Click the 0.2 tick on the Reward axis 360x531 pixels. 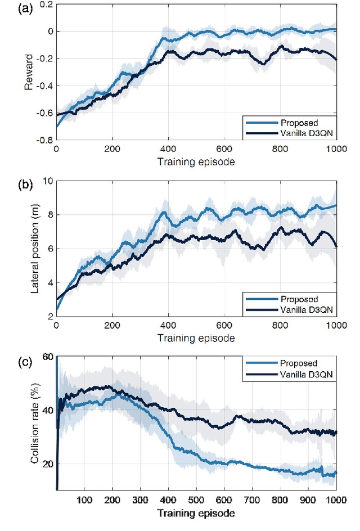(44, 4)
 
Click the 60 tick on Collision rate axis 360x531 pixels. (46, 357)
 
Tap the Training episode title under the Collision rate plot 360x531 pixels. (196, 513)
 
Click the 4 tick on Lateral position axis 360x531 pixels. (49, 283)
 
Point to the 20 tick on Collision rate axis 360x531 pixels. (46, 464)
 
